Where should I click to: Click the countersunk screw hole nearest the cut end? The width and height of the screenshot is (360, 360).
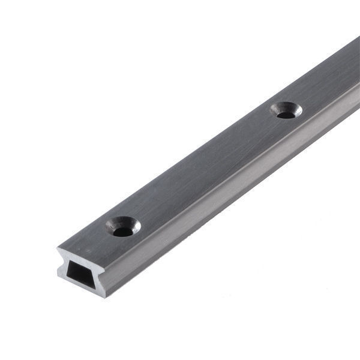click(123, 226)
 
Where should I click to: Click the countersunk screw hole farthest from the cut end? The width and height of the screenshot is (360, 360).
click(286, 110)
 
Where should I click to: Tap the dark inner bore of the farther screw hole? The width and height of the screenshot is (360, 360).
click(287, 113)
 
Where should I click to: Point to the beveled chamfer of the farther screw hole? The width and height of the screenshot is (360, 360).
click(278, 108)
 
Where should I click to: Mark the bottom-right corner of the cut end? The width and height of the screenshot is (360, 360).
click(106, 297)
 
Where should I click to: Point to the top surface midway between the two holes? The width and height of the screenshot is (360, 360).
click(204, 168)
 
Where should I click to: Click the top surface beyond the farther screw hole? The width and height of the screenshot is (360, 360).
click(330, 78)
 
